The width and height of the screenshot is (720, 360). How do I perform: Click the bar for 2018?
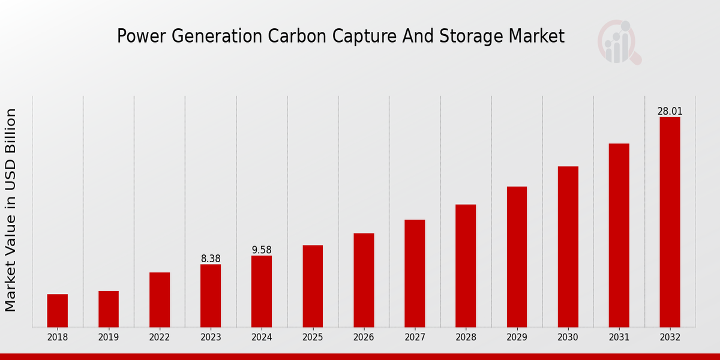click(58, 310)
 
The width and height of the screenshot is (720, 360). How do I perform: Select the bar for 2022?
click(160, 299)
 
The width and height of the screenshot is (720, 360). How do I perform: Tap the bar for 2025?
click(313, 286)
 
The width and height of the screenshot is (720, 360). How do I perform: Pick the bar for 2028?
click(466, 265)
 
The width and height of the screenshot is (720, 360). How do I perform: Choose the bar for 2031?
click(619, 235)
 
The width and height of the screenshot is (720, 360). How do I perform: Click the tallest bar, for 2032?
click(670, 221)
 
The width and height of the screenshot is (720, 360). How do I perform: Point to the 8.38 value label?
click(211, 259)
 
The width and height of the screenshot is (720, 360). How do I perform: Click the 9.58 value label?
click(262, 250)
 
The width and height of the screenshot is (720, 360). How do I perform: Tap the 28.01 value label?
click(670, 111)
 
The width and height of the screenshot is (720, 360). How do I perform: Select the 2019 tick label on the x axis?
click(109, 338)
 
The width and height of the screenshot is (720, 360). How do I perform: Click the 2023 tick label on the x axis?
click(211, 338)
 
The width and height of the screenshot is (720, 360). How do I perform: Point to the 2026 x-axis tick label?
click(364, 338)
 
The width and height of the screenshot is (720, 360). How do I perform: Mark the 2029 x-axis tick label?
click(517, 338)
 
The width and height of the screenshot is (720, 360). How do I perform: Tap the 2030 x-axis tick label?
click(568, 338)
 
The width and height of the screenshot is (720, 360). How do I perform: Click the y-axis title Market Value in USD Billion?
click(11, 210)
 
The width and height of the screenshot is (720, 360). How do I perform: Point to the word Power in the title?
click(138, 37)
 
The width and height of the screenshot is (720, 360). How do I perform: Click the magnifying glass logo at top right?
click(620, 42)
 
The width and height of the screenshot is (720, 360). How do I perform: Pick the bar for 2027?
click(415, 273)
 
